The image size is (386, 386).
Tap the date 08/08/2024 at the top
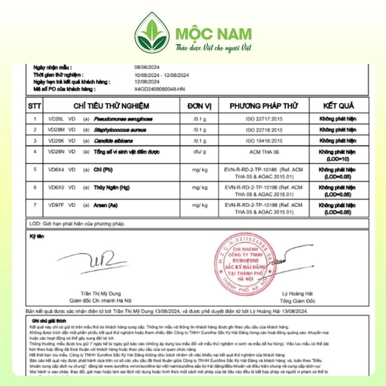click(x=147, y=68)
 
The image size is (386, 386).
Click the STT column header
click(x=34, y=105)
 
